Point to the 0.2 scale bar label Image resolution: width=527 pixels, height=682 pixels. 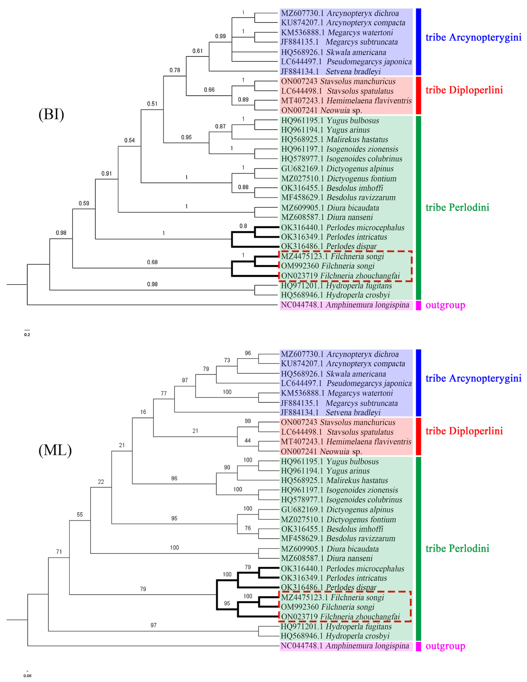[x=27, y=335]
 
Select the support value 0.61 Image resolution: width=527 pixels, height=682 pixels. [x=197, y=51]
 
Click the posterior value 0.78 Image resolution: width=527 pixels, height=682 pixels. [x=175, y=70]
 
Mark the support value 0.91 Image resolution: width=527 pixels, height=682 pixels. [x=106, y=174]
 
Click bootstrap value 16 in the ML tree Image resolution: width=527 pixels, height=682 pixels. [x=143, y=412]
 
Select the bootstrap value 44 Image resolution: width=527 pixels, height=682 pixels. [x=248, y=441]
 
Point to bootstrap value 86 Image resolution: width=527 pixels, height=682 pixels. [x=174, y=478]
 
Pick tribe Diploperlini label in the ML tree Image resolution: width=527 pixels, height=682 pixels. [x=464, y=431]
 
